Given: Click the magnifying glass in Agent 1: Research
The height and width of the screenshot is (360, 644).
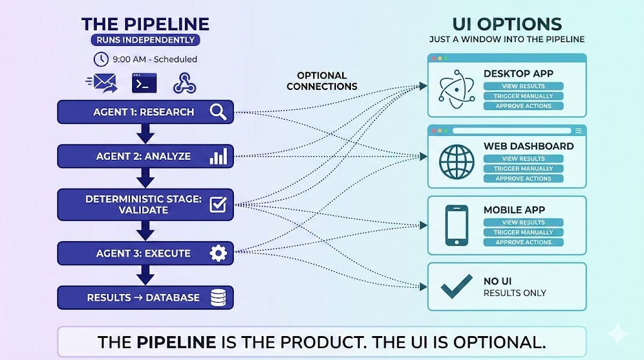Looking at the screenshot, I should (x=218, y=112).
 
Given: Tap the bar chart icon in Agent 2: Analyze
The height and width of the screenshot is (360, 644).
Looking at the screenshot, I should (x=218, y=156).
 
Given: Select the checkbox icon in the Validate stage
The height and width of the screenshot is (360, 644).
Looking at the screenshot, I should (x=218, y=205).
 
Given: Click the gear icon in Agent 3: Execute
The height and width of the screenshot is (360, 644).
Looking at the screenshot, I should (x=218, y=254).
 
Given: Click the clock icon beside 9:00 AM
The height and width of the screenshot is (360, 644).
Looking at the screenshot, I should (x=101, y=59).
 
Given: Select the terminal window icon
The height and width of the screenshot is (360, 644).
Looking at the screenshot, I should (x=144, y=83).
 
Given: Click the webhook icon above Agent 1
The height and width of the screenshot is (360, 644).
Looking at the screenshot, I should (x=186, y=83).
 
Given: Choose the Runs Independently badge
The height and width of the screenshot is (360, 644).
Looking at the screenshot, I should (x=145, y=40).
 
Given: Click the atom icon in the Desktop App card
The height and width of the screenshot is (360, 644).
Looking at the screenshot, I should (x=454, y=89).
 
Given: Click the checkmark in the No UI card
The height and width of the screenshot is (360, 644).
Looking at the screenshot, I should (x=457, y=286).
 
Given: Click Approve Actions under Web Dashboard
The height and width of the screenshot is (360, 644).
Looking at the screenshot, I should (x=523, y=179).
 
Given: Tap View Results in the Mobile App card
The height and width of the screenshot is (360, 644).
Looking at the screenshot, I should (x=523, y=223).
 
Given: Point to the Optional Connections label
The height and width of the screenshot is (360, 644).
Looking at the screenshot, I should (x=322, y=81).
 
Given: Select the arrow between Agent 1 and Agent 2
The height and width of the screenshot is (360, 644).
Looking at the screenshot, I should (x=145, y=134).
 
